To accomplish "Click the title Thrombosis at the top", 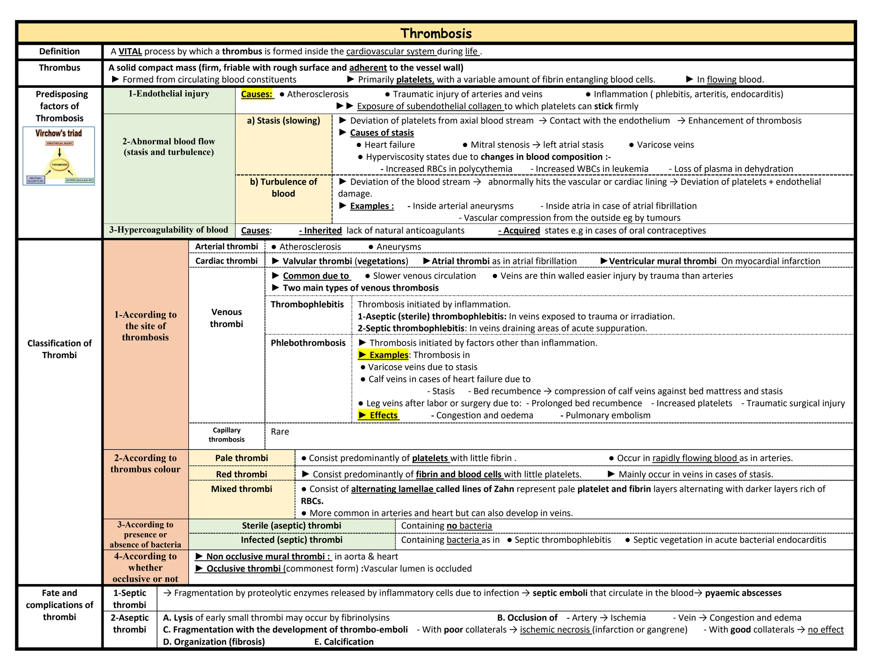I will pos(436,34).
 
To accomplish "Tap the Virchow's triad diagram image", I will pos(59,156).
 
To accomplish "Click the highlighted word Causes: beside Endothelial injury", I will pos(257,94).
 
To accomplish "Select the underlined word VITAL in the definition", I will pos(130,52).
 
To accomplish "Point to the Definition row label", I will pos(59,52).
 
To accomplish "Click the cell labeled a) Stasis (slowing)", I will pos(283,121).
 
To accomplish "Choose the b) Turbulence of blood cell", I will pos(283,187).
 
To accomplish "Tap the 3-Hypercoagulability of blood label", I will pos(169,230).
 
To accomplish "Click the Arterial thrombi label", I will pos(227,246).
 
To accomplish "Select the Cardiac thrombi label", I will pos(227,261).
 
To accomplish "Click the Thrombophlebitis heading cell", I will pos(307,305).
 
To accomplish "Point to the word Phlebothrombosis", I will pos(308,343).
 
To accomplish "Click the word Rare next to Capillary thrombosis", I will pos(280,432).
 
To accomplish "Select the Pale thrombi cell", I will pos(241,458).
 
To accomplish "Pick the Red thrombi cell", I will pos(241,474).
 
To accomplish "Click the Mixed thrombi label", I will pos(241,489).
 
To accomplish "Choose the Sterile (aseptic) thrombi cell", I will pos(292,526).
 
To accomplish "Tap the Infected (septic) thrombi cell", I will pos(292,540).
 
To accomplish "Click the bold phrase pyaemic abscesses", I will pos(743,593).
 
